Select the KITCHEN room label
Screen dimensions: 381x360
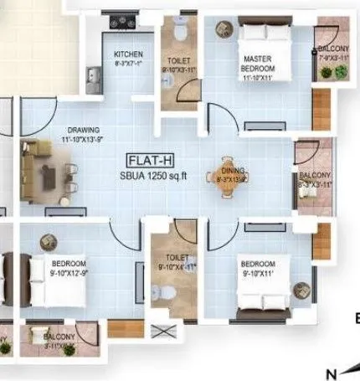(x=128, y=54)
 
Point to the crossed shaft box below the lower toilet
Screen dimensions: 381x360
(x=168, y=330)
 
